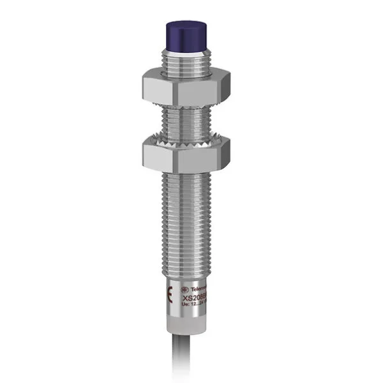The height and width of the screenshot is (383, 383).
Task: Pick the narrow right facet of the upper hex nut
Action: tap(219, 88)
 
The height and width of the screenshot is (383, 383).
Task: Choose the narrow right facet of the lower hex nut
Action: tap(220, 156)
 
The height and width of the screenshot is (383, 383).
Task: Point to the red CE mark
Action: tap(169, 295)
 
